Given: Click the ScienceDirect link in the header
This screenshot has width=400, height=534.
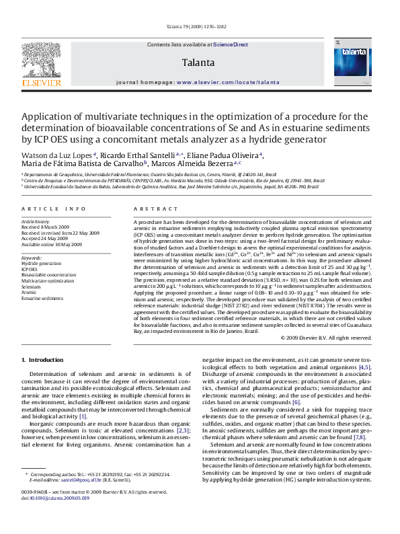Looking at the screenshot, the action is [x=231, y=44].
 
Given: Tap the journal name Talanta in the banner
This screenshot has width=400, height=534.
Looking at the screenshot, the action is [x=198, y=63].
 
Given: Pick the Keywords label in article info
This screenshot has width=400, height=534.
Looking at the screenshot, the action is [x=32, y=258].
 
